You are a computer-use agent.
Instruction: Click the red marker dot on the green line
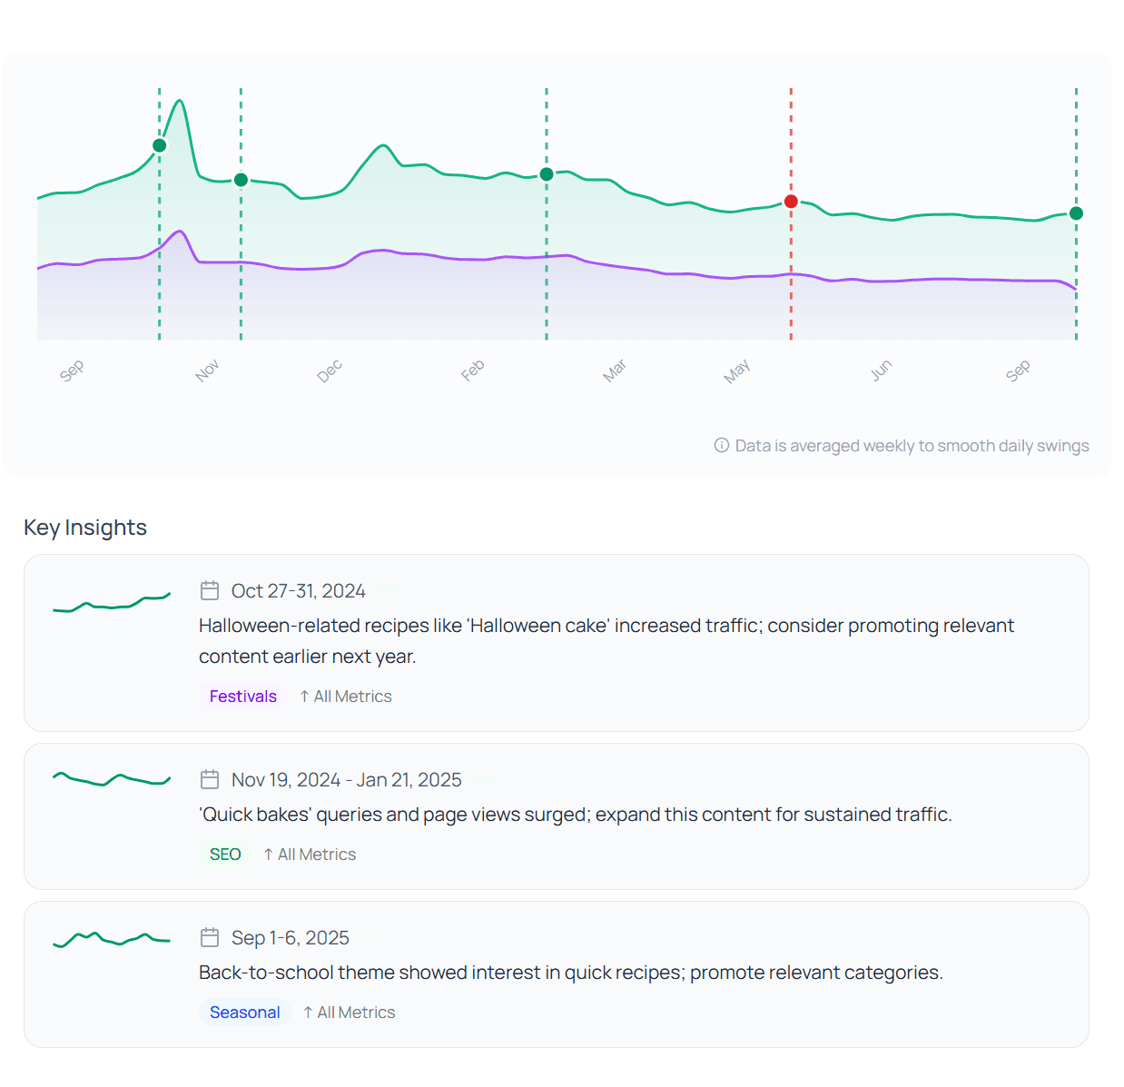[x=791, y=202]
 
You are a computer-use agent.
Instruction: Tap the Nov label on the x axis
[x=207, y=371]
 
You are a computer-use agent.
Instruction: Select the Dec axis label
[x=330, y=371]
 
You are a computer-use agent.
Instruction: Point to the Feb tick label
[x=472, y=371]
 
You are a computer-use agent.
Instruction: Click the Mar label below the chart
[x=615, y=371]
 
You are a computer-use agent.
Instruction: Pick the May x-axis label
[x=736, y=371]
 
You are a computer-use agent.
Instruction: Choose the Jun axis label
[x=881, y=371]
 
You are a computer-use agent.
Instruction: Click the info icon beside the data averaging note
[x=722, y=445]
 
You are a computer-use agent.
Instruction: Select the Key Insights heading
[x=85, y=528]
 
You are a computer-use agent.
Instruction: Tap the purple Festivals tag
[x=242, y=697]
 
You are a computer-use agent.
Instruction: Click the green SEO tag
[x=225, y=855]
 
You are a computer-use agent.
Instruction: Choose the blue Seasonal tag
[x=244, y=1013]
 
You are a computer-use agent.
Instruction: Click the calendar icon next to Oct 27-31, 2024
[x=210, y=591]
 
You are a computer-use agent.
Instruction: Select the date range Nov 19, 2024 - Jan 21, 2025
[x=346, y=780]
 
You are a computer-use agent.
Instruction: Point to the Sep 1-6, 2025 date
[x=290, y=938]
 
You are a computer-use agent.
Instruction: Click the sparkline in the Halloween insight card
[x=111, y=603]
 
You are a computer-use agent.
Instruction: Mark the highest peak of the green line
[x=180, y=101]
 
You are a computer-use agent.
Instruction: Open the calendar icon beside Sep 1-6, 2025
[x=210, y=937]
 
